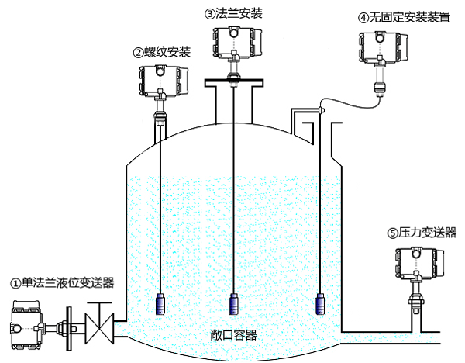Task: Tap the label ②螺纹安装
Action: tap(162, 52)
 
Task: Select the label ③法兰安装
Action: tap(232, 13)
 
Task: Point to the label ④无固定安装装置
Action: tap(405, 17)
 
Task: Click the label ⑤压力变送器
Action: tap(422, 232)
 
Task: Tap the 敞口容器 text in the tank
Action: tap(233, 335)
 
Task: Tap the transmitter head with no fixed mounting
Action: tap(380, 49)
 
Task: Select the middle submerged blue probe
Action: tap(234, 304)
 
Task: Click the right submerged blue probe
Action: tap(320, 304)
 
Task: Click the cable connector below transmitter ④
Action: tap(379, 84)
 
